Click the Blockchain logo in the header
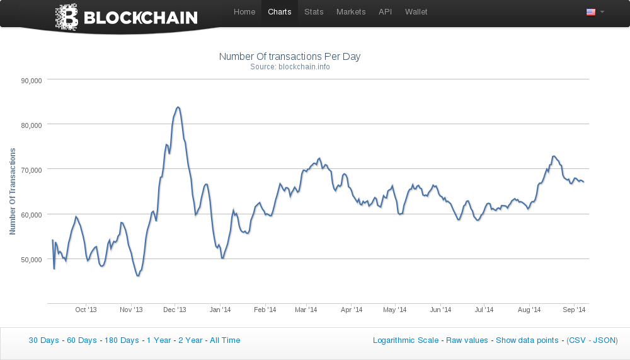click(127, 17)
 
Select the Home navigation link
click(244, 12)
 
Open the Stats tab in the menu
click(314, 12)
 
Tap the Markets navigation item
click(351, 12)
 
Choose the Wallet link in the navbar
click(416, 12)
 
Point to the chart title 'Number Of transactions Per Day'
click(290, 57)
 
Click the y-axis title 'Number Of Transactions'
click(13, 192)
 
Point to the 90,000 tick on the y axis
click(31, 80)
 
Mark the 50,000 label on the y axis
click(31, 259)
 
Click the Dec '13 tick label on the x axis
click(175, 310)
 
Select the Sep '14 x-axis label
click(574, 310)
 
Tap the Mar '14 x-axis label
click(306, 310)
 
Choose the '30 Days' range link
click(43, 340)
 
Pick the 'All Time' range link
click(225, 340)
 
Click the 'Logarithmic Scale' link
click(406, 340)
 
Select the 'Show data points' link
click(527, 340)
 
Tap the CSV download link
click(577, 340)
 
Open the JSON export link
click(604, 340)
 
